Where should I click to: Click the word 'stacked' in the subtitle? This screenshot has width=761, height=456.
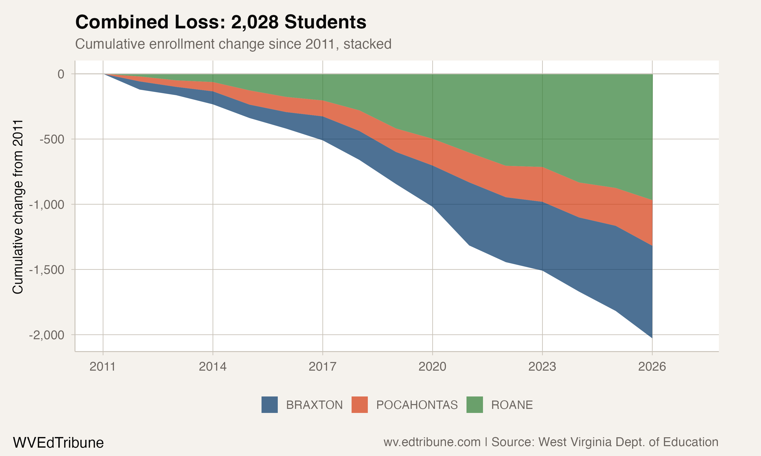367,44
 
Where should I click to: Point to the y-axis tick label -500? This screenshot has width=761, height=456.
52,139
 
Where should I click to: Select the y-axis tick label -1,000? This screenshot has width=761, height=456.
47,204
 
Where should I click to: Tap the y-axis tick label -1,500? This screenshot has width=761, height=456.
47,270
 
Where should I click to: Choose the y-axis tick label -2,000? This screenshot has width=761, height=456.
47,335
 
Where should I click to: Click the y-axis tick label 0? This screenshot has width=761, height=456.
61,74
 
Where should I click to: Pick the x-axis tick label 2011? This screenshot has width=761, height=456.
102,367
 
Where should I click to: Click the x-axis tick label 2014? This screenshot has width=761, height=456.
213,367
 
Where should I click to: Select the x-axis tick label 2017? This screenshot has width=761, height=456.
322,367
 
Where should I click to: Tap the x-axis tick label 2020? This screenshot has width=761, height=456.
432,367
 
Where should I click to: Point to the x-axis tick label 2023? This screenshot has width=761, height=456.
542,367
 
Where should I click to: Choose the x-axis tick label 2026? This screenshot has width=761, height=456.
652,367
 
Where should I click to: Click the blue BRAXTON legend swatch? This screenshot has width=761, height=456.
269,405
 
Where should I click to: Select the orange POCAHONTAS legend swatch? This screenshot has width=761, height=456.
360,405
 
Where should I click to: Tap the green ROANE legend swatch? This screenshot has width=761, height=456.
474,405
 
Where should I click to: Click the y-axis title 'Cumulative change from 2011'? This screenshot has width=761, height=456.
18,207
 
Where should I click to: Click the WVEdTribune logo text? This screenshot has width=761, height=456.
58,443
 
